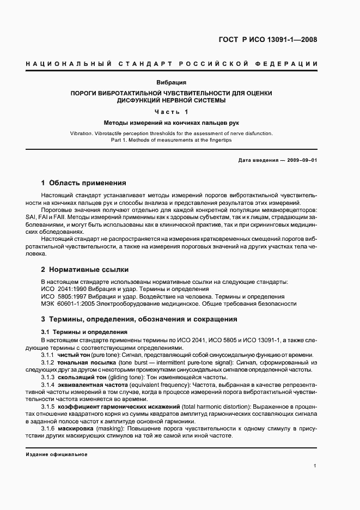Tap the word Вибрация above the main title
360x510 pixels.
[172, 83]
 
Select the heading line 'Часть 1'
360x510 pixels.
[172, 112]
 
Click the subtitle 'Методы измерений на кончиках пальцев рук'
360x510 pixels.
[172, 123]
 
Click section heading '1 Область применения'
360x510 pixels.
[84, 183]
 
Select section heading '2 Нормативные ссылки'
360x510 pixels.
[85, 269]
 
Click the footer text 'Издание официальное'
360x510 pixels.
[56, 454]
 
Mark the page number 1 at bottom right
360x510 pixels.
[315, 466]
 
